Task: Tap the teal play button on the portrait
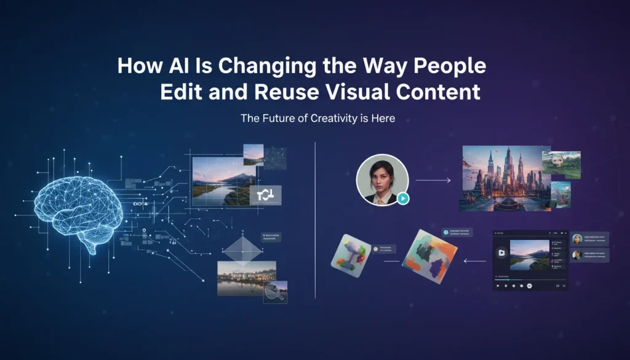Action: click(x=402, y=198)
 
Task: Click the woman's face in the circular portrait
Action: click(x=381, y=175)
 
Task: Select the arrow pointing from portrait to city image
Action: click(x=433, y=181)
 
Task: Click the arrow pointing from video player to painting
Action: click(x=474, y=261)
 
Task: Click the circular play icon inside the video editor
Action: click(x=502, y=253)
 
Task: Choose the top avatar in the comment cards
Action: click(x=577, y=239)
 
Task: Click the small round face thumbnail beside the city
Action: click(x=560, y=162)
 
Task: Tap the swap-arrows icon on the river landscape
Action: click(x=266, y=196)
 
